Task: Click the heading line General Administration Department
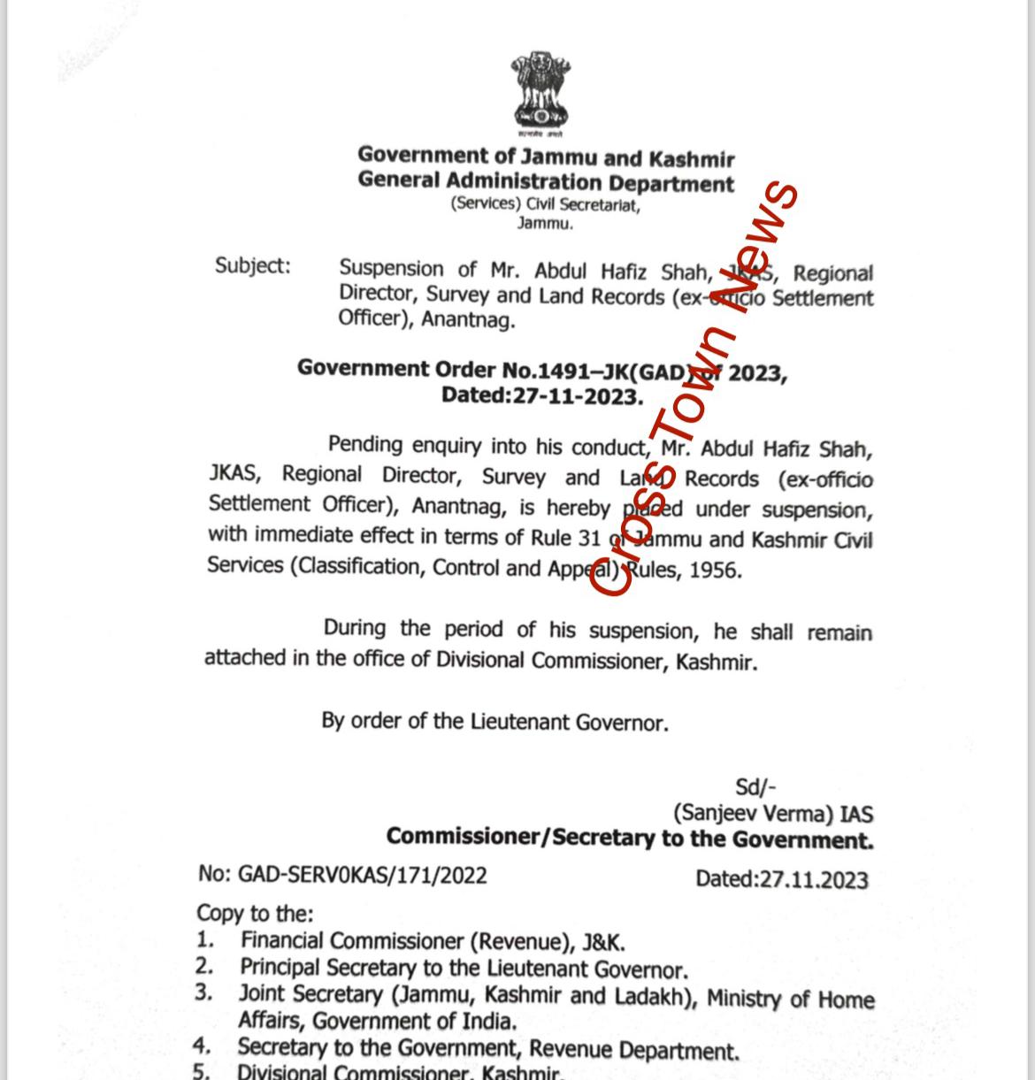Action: coord(546,182)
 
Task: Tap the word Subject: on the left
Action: coord(252,265)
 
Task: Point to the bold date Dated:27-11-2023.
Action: coord(541,395)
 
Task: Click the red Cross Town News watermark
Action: coord(695,389)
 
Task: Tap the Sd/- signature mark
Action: coord(755,786)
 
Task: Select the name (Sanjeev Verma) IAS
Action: coord(772,813)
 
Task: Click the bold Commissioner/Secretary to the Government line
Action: coord(629,838)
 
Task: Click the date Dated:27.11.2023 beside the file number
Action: coord(781,878)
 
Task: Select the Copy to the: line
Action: coord(255,912)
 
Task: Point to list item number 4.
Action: coord(203,1046)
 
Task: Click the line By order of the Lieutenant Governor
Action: coord(494,722)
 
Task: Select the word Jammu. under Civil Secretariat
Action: coord(545,224)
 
